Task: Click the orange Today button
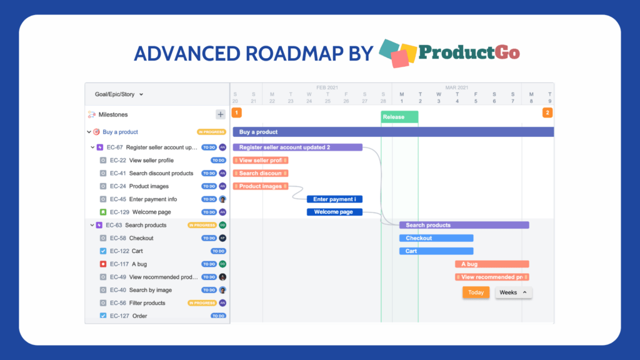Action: [x=476, y=292]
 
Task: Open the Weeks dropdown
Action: [x=513, y=292]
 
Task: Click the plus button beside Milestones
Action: [x=220, y=114]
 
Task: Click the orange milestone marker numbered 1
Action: [x=237, y=113]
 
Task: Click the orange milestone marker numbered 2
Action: [x=547, y=113]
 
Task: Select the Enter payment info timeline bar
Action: [x=334, y=199]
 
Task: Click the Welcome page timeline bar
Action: [x=334, y=212]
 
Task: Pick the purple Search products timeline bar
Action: [x=464, y=225]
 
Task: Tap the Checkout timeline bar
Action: [x=436, y=238]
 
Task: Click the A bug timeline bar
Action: [x=492, y=264]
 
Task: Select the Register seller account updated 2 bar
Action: [x=297, y=147]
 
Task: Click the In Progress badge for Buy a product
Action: [x=211, y=132]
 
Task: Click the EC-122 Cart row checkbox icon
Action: [x=103, y=251]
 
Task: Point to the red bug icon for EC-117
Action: [x=103, y=264]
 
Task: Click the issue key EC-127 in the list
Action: [x=119, y=316]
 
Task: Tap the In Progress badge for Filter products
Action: [x=202, y=303]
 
